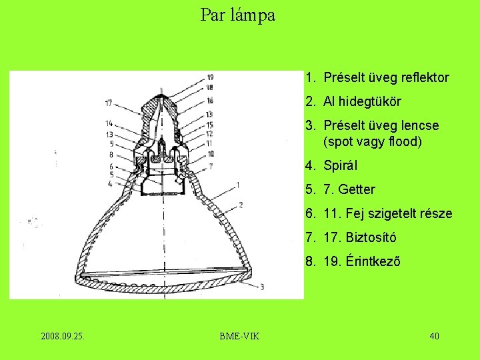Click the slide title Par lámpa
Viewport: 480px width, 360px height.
point(238,15)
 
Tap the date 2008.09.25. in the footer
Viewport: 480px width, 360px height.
point(63,335)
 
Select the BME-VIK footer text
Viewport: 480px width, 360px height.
point(239,335)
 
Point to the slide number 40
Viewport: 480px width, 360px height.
point(434,335)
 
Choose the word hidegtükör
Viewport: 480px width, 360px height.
point(370,101)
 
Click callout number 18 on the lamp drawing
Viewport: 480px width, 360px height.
point(209,87)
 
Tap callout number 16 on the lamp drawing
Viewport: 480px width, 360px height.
point(209,100)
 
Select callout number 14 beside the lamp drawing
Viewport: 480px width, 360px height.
point(108,123)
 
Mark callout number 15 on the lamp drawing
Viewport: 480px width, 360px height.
point(209,125)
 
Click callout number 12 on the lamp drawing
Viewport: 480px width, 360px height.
point(209,134)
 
